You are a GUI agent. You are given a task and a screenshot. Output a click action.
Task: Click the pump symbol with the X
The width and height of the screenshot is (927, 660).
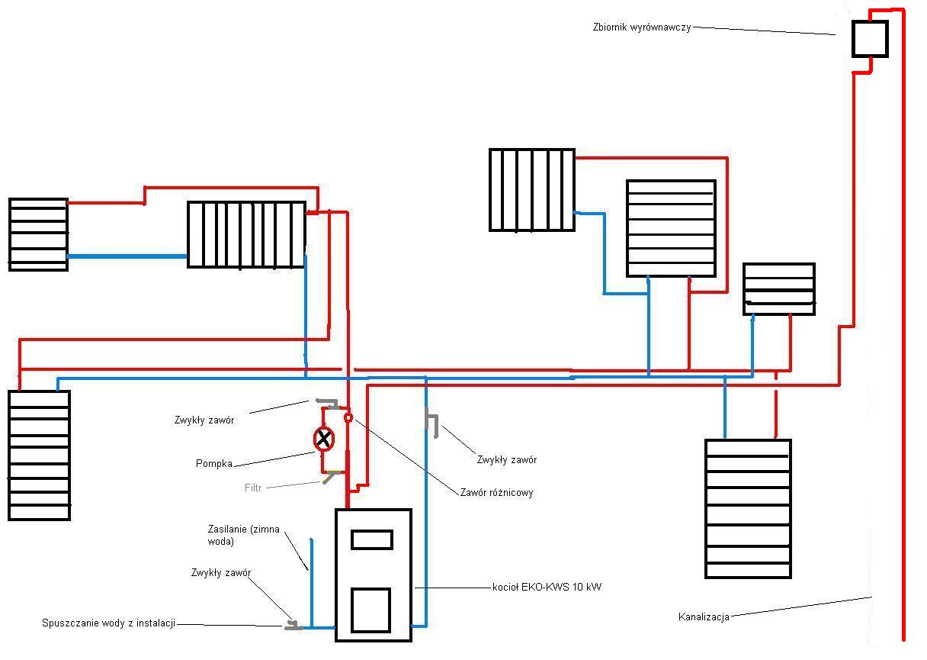(324, 439)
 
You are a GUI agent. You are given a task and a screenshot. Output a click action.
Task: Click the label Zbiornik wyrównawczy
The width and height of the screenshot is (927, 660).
(642, 27)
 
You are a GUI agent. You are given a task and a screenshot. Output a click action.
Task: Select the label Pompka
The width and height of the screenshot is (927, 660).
(214, 463)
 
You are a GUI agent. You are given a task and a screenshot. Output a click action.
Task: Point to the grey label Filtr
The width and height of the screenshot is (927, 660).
(253, 488)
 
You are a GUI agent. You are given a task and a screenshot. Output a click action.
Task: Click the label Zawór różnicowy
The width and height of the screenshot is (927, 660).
(496, 493)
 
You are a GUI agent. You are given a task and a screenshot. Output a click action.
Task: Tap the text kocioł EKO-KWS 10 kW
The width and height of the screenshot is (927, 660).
(547, 587)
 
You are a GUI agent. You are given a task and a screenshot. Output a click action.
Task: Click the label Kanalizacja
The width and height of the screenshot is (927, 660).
(704, 617)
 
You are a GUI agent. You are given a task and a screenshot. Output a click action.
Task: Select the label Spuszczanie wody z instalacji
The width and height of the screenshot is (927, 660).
(108, 623)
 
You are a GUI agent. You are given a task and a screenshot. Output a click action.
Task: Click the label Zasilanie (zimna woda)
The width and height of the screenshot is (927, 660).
(243, 536)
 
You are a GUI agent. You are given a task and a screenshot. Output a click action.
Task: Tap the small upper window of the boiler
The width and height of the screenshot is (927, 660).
(371, 540)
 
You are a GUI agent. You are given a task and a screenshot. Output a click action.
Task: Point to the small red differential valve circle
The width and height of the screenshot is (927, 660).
(348, 417)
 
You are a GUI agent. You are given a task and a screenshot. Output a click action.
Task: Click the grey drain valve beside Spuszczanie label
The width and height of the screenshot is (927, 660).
(293, 626)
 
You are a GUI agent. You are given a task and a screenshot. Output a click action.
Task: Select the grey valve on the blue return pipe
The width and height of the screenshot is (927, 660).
(432, 423)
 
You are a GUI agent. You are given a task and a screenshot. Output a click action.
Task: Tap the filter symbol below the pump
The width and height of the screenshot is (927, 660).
(332, 476)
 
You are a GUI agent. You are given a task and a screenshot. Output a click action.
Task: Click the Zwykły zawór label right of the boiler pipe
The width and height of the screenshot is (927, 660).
(506, 459)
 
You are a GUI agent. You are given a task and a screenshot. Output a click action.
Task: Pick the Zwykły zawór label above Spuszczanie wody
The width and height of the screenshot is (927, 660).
(221, 572)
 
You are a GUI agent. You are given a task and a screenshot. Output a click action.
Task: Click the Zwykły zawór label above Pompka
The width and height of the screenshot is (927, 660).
(204, 420)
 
